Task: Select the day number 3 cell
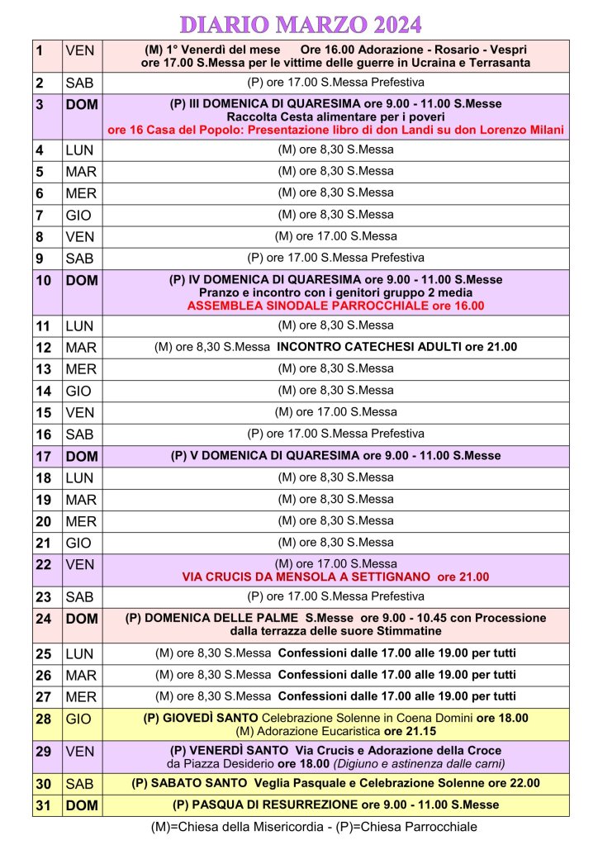pos(46,106)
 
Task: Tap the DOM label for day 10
pos(81,281)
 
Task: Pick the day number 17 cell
pos(46,456)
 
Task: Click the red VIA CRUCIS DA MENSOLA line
pos(335,577)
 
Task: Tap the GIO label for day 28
pos(79,719)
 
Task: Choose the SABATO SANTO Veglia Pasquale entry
pos(335,783)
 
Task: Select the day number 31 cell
pos(46,805)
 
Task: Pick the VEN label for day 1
pos(79,50)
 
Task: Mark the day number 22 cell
pos(46,564)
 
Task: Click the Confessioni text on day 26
pos(396,674)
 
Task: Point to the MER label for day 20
pos(81,521)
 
